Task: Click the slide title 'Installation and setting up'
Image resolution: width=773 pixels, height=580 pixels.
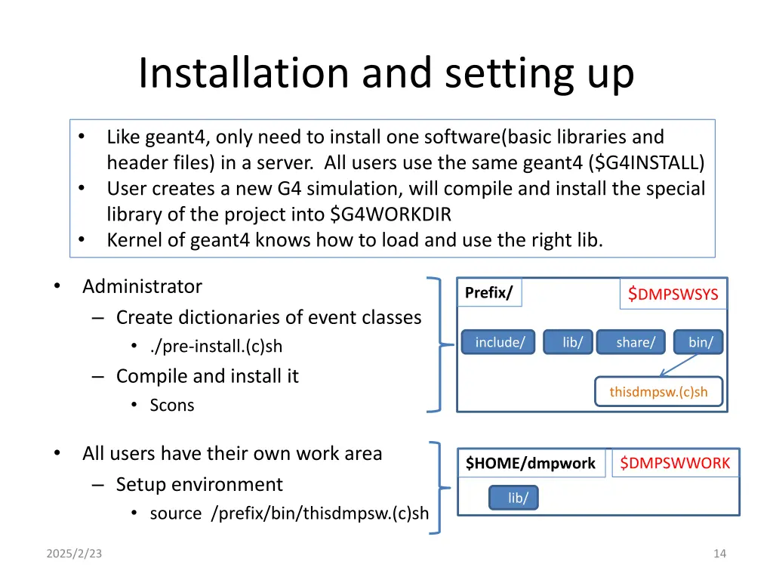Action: [386, 73]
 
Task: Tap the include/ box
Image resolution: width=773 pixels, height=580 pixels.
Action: [499, 342]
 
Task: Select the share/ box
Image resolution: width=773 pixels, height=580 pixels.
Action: [634, 342]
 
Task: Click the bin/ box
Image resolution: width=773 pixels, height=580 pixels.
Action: [699, 342]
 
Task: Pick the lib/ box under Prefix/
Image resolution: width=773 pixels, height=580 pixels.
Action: [571, 342]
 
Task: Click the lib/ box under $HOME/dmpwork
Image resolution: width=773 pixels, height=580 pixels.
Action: [517, 498]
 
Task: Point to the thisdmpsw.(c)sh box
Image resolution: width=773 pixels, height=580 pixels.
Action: [658, 392]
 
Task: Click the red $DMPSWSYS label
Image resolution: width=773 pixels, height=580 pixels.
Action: [673, 295]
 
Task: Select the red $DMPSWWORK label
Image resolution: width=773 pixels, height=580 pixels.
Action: [675, 463]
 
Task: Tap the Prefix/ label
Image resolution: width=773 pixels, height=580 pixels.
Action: [488, 293]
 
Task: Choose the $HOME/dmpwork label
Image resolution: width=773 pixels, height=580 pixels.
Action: [530, 463]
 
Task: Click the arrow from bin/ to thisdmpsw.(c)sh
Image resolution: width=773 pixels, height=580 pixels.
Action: [678, 365]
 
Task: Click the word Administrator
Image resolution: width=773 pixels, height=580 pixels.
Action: [142, 287]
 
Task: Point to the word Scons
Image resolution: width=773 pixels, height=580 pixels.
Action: [172, 406]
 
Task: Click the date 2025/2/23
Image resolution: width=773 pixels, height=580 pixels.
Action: [74, 554]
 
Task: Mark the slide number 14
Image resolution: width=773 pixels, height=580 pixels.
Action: [719, 554]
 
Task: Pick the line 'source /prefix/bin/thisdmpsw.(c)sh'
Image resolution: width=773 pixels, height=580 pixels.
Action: [289, 514]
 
